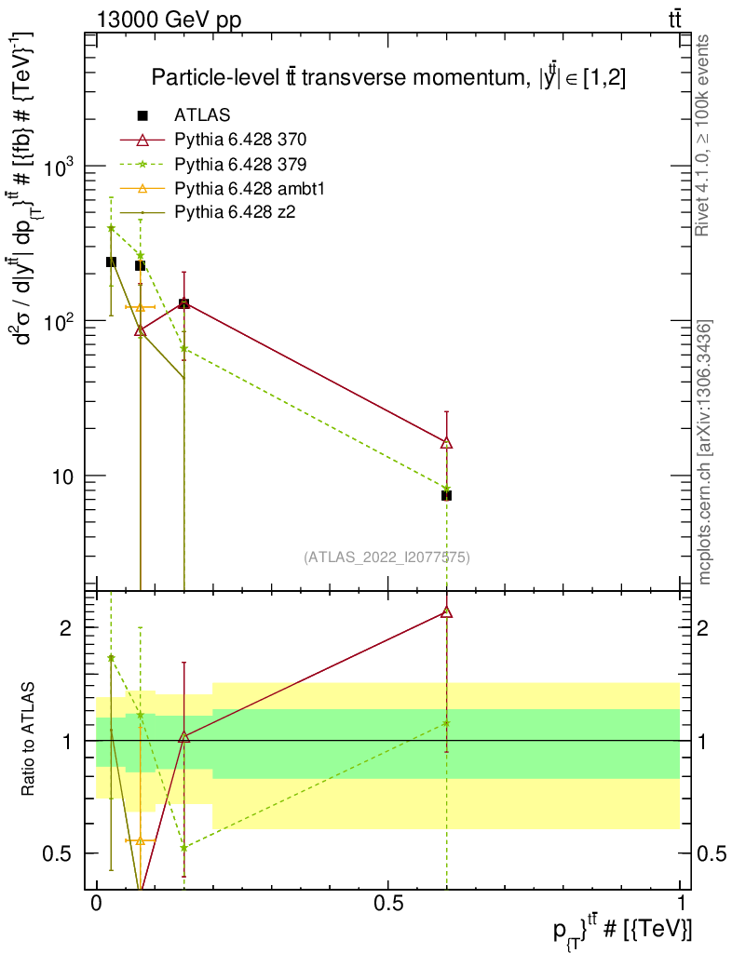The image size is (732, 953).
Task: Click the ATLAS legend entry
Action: (x=202, y=115)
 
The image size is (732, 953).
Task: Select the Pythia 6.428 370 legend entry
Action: (x=240, y=140)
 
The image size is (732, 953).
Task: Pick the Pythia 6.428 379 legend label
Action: (x=240, y=164)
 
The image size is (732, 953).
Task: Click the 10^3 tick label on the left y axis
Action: (x=61, y=165)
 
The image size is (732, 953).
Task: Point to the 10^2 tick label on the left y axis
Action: (x=61, y=320)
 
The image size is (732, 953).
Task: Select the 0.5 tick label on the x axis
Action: (x=388, y=904)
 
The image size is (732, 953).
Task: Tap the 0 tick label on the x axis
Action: (x=97, y=904)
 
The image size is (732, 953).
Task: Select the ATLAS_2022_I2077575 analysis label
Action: (x=386, y=557)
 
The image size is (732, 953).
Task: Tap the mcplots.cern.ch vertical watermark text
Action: (x=705, y=451)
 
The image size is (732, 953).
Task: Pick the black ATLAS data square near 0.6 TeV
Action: (x=446, y=495)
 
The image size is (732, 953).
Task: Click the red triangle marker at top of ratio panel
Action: (x=446, y=612)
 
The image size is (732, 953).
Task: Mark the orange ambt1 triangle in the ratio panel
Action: (x=141, y=840)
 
